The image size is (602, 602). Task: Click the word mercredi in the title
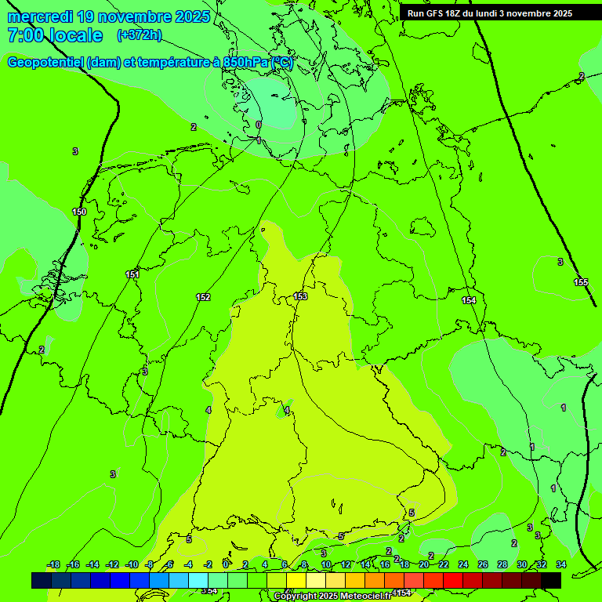[41, 16]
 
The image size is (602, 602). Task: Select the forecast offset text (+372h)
[139, 35]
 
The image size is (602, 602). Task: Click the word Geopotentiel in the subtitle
[45, 63]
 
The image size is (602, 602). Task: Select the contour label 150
[79, 212]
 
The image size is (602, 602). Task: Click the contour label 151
[132, 274]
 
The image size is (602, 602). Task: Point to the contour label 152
[203, 297]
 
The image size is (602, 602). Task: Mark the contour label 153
[300, 296]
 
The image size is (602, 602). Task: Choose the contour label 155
[581, 282]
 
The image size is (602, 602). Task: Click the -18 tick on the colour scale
[53, 565]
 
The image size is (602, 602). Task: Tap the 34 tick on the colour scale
[561, 565]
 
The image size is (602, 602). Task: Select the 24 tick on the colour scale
[463, 565]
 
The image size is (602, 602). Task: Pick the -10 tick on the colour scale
[132, 565]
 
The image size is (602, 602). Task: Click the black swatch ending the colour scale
[551, 580]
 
